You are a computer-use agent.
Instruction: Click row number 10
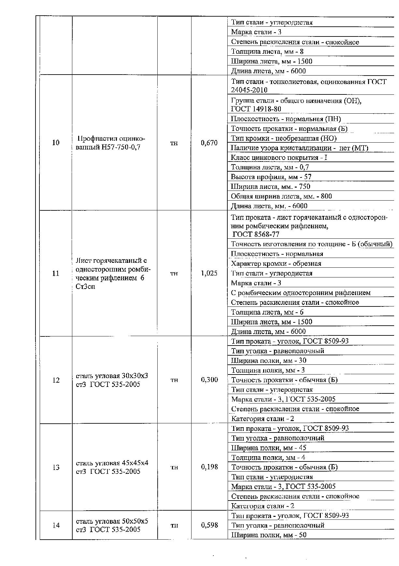[56, 143]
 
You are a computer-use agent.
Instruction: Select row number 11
[56, 273]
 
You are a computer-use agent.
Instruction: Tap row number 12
[56, 380]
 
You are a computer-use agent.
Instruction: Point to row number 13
[56, 467]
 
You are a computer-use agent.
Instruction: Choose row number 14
[56, 525]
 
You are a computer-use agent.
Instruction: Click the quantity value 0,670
[209, 143]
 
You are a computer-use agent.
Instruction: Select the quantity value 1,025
[209, 273]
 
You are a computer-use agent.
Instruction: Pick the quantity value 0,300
[209, 380]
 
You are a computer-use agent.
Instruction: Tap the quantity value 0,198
[209, 467]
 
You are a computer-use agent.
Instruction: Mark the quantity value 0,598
[209, 525]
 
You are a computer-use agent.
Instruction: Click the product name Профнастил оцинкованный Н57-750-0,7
[110, 143]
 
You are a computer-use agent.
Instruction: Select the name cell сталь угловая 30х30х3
[112, 380]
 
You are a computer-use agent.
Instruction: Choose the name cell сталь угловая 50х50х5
[112, 525]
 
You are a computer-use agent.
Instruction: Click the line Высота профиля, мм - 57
[271, 177]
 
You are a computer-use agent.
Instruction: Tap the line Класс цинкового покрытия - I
[275, 158]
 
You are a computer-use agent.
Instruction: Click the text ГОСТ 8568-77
[256, 234]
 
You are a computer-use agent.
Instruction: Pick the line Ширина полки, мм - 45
[269, 448]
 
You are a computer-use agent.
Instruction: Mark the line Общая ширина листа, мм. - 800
[281, 196]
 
